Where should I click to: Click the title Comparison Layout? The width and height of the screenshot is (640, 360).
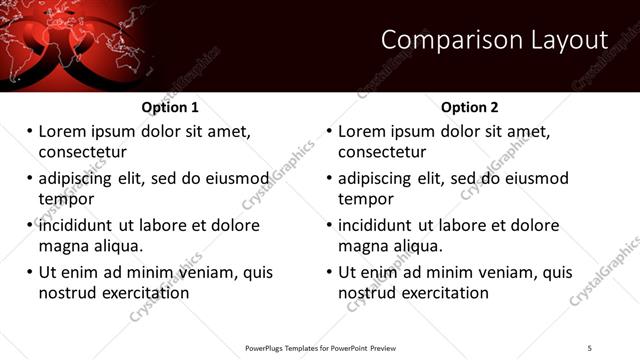point(495,40)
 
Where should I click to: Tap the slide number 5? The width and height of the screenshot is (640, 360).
point(590,347)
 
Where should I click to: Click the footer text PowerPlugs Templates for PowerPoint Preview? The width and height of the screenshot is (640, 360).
point(320,347)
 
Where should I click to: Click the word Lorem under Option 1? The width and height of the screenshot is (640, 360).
point(63,131)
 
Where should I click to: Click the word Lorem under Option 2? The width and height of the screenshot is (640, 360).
point(363,131)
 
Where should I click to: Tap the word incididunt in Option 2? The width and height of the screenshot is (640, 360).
point(375,225)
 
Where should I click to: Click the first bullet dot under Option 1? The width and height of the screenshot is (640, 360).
point(29,131)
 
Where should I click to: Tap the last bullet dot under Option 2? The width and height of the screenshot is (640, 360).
point(329,272)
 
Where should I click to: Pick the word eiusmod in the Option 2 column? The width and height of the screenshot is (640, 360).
point(534,178)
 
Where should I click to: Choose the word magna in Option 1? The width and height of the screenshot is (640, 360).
point(63,246)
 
